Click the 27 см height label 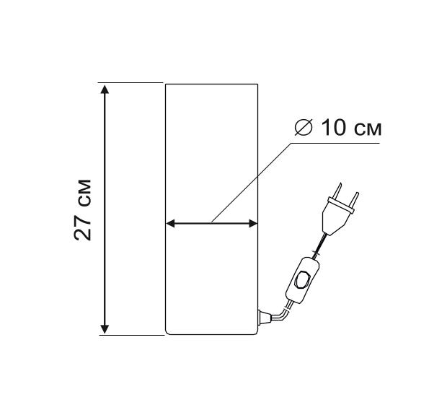point(82,210)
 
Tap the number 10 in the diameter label point(334,128)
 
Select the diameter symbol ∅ point(303,128)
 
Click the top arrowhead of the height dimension point(105,89)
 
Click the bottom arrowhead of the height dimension point(105,328)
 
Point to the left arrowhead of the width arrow point(170,223)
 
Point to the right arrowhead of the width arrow point(253,223)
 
